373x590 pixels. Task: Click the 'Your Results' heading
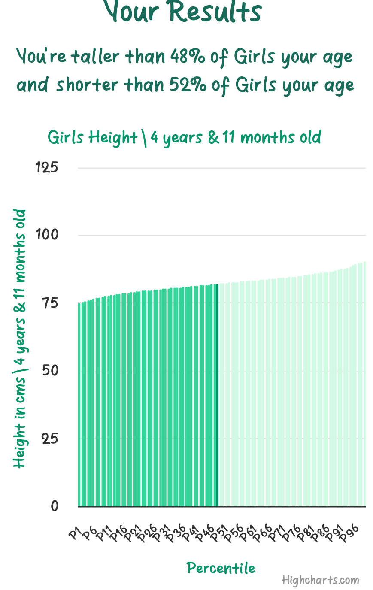183,12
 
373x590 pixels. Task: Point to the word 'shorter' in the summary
87,85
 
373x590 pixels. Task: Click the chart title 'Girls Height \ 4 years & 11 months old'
184,138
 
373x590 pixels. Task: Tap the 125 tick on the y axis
47,168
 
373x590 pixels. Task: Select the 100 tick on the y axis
47,235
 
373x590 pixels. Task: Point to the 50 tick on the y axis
50,371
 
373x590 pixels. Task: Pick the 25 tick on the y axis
50,439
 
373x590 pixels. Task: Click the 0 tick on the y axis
55,506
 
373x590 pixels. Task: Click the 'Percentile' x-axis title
221,568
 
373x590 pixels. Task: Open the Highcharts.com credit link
320,581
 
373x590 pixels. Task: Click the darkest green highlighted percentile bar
217,395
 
